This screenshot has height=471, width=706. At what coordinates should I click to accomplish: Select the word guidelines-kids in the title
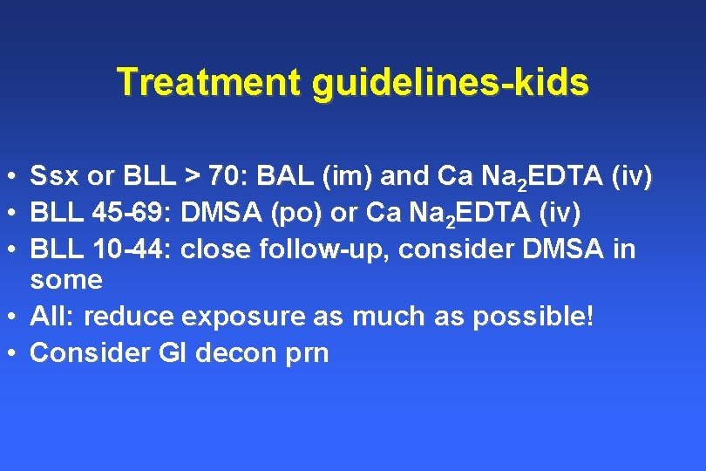pyautogui.click(x=449, y=84)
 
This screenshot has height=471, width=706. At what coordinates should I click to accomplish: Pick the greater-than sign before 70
pyautogui.click(x=193, y=177)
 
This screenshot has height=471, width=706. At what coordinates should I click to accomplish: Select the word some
pyautogui.click(x=66, y=281)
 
